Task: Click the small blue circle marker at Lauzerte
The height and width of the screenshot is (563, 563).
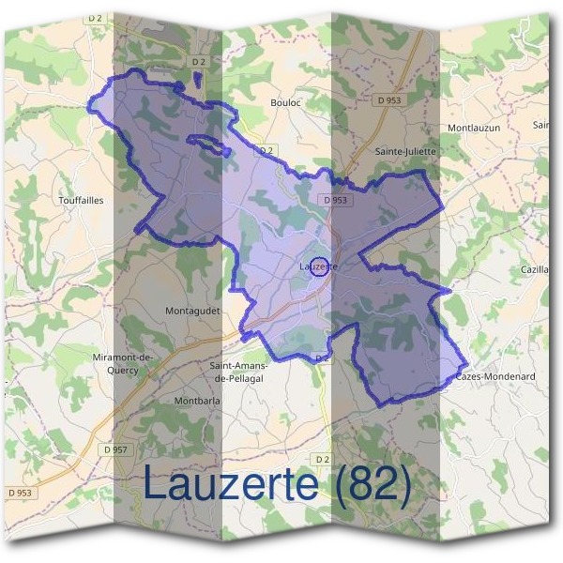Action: coord(319,266)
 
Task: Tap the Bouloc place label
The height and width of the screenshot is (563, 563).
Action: coord(284,102)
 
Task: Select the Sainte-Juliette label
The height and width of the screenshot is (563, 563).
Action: coord(405,150)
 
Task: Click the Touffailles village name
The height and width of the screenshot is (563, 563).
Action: coord(81,200)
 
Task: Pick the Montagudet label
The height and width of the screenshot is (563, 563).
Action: coord(191,310)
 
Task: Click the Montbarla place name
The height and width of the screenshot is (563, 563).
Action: coord(197,401)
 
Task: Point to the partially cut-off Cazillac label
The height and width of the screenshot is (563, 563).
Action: coord(535,269)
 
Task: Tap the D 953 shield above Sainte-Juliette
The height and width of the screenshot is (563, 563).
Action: coord(390,99)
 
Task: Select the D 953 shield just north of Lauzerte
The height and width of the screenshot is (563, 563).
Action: coord(335,200)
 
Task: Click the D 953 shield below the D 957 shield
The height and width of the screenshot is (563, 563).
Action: coord(19,493)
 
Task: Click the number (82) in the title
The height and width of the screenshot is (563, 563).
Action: coord(365,485)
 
